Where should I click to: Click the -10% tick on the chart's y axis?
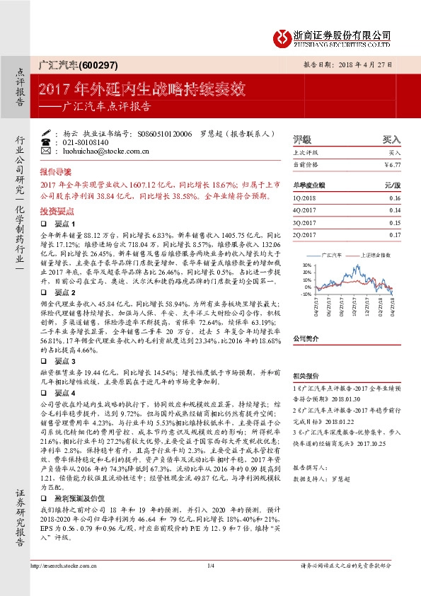point(306,293)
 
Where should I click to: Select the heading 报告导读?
point(55,171)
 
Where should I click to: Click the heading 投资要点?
point(55,210)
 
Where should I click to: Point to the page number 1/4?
point(210,585)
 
